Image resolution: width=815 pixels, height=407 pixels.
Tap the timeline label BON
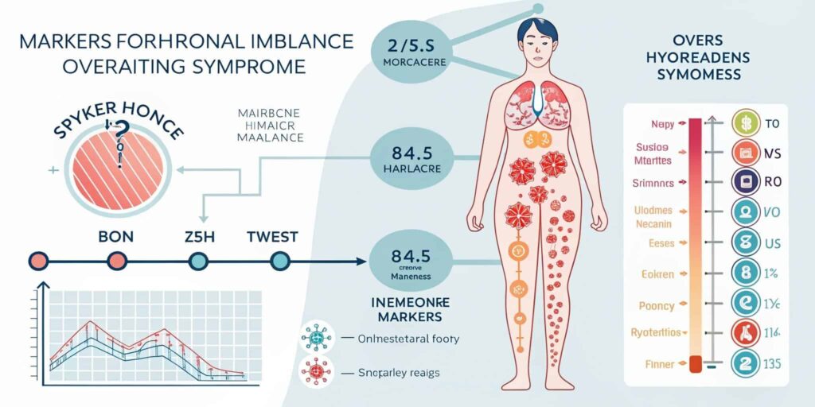click(116, 237)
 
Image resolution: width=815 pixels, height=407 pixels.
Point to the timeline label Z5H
click(199, 237)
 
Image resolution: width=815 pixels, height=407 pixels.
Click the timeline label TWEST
click(272, 237)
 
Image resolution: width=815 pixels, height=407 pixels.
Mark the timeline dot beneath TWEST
click(279, 260)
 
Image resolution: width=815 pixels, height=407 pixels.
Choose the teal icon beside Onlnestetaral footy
click(316, 338)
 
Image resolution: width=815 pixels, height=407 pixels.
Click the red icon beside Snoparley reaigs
click(316, 371)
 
